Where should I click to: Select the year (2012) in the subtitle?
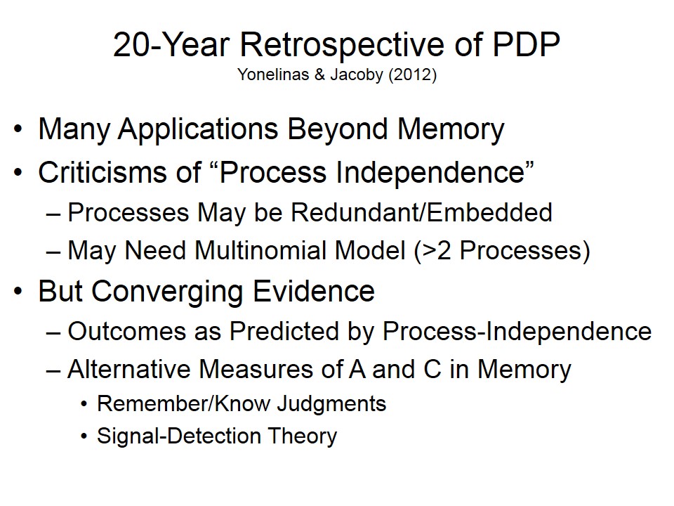click(413, 75)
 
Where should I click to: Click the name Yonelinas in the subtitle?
click(273, 74)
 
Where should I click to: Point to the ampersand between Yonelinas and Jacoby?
click(319, 74)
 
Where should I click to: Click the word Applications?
click(198, 129)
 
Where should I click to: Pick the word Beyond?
click(338, 129)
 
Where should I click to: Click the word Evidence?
click(314, 291)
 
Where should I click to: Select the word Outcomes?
click(127, 331)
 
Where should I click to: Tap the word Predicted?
click(284, 331)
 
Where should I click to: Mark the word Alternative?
click(129, 369)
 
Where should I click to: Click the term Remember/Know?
click(184, 403)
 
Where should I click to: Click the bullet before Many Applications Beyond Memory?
click(18, 129)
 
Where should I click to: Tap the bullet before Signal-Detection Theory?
click(84, 436)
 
